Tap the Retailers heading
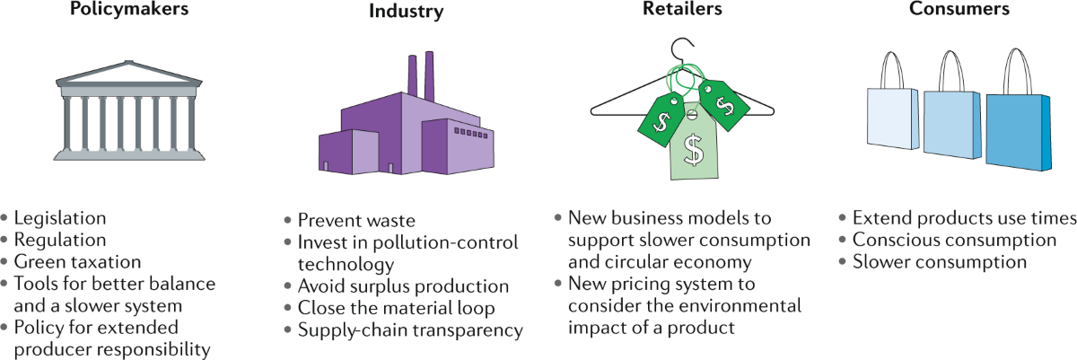(682, 10)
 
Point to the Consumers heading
(958, 10)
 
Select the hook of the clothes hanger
(686, 45)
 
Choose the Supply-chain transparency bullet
(410, 330)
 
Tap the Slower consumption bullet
(939, 262)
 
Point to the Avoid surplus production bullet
(403, 287)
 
